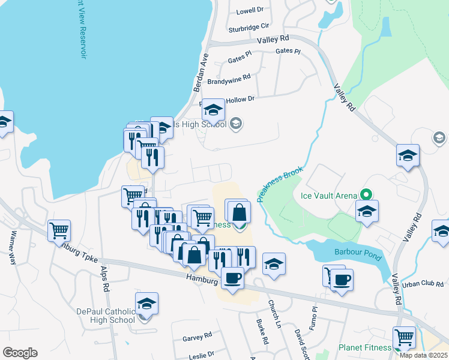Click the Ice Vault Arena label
328,195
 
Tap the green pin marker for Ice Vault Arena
365,195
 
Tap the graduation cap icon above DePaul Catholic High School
146,304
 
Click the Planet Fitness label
364,347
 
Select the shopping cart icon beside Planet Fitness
404,338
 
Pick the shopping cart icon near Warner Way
59,230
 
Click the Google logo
20,353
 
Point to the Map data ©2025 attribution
423,355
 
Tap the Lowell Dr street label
250,10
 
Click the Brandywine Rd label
229,80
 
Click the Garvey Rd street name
197,338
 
